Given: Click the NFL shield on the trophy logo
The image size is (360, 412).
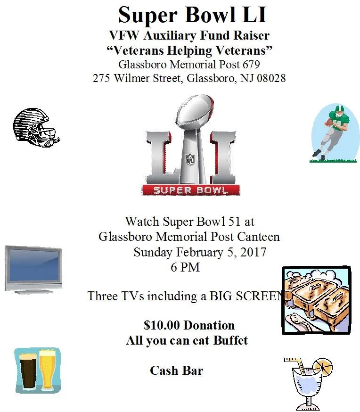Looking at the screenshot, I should pos(190,159).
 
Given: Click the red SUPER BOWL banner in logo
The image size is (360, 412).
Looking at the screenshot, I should pos(191,190).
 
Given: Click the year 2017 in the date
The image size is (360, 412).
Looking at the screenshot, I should pos(253,252).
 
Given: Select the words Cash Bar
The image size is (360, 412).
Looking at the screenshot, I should pos(176,371).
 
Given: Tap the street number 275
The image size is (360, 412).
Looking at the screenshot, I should pos(102,78).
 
